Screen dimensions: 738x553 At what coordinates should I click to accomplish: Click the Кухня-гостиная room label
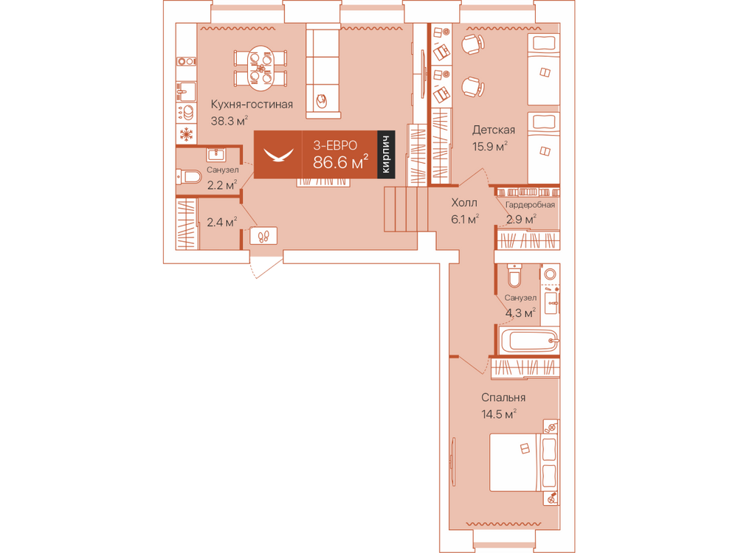[252, 105]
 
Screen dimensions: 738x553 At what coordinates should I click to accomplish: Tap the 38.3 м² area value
[230, 121]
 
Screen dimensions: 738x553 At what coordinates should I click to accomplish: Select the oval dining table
[261, 69]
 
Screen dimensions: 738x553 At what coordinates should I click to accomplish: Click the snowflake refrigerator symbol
[187, 134]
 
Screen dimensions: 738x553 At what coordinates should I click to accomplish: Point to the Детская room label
[493, 130]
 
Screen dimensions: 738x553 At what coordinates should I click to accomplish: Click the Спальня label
[503, 398]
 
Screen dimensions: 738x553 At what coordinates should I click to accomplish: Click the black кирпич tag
[386, 155]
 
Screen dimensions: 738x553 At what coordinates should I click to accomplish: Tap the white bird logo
[278, 155]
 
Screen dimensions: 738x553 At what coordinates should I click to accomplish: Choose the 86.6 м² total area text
[341, 162]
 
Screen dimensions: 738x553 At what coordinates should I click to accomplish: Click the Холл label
[464, 203]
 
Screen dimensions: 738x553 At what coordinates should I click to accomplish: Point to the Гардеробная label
[530, 205]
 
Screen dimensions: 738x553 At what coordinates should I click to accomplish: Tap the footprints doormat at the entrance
[263, 236]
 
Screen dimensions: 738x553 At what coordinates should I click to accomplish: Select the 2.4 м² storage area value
[221, 222]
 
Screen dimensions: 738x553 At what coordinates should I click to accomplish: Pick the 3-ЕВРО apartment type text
[335, 145]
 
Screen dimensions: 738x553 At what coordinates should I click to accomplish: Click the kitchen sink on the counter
[187, 91]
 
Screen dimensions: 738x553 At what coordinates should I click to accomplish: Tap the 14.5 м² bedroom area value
[499, 414]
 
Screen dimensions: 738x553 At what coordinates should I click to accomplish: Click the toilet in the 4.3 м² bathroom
[514, 275]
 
